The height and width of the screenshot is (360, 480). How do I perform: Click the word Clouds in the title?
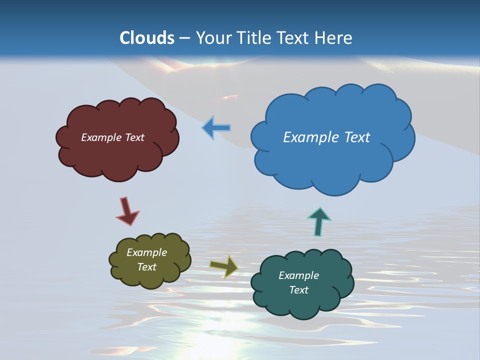(147, 38)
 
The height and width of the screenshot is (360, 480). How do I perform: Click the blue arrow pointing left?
(216, 128)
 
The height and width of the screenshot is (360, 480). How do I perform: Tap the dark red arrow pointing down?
(127, 211)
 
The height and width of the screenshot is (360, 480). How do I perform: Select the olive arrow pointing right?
(223, 266)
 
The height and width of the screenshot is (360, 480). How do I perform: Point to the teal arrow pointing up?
(318, 221)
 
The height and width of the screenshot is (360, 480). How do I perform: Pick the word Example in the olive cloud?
(146, 252)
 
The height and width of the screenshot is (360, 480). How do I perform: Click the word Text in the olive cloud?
(146, 267)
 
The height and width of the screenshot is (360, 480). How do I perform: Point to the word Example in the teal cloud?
(298, 275)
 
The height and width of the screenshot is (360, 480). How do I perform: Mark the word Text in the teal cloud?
(298, 290)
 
